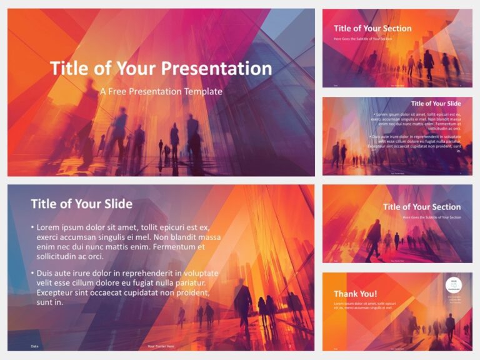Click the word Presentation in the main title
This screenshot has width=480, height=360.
[x=216, y=69]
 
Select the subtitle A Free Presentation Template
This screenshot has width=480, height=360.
[x=161, y=91]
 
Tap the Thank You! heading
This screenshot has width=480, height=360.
[x=355, y=294]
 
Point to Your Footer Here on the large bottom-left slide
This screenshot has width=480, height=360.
[x=161, y=346]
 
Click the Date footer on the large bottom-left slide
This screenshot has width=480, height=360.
[x=34, y=346]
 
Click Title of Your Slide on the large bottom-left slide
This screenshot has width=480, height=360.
[x=81, y=203]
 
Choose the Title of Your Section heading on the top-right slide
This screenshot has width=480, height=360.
[x=372, y=28]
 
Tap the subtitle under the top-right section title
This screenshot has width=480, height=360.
[x=362, y=39]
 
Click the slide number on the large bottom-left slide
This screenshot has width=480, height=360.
[x=289, y=346]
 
